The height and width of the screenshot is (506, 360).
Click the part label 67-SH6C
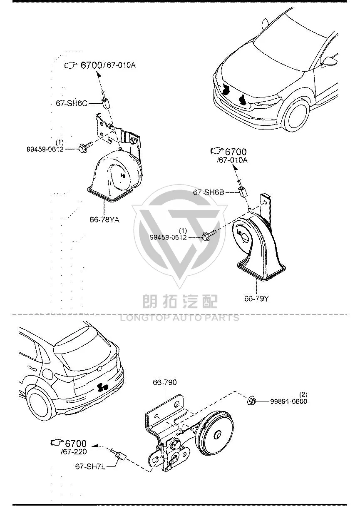pyautogui.click(x=71, y=103)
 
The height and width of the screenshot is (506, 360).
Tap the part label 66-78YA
pyautogui.click(x=104, y=219)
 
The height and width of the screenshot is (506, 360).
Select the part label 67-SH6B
pyautogui.click(x=209, y=192)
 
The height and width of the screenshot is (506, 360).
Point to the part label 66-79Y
pyautogui.click(x=257, y=299)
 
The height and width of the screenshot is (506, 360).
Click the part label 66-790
pyautogui.click(x=165, y=382)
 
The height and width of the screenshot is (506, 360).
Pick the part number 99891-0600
pyautogui.click(x=289, y=401)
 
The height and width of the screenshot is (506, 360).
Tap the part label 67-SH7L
pyautogui.click(x=90, y=466)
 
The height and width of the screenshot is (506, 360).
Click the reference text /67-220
pyautogui.click(x=74, y=451)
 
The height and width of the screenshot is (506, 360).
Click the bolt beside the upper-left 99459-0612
pyautogui.click(x=86, y=146)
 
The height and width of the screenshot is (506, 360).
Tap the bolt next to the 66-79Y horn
pyautogui.click(x=209, y=235)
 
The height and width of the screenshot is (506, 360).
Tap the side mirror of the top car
pyautogui.click(x=330, y=62)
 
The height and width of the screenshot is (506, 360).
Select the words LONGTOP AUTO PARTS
pyautogui.click(x=180, y=318)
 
